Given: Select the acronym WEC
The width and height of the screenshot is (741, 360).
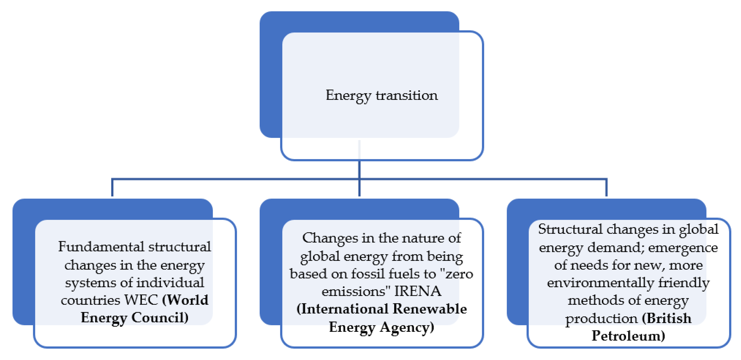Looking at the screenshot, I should point(141,300).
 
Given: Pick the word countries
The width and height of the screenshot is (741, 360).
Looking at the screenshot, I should point(90,300).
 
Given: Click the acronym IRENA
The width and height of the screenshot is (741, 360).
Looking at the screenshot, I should point(418,291).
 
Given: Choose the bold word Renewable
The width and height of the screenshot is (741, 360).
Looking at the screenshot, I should point(430,309).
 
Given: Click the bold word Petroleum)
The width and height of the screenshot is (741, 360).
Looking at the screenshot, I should point(628,336).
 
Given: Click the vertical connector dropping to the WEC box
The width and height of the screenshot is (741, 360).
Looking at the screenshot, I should point(112,188).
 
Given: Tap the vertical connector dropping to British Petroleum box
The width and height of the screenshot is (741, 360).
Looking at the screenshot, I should point(606,188).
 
